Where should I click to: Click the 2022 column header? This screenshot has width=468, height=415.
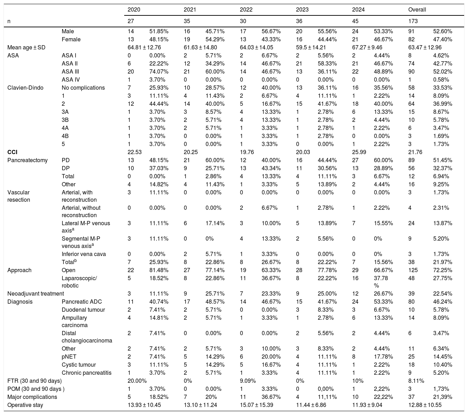coord(246,10)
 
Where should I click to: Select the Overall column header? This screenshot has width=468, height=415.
coord(417,10)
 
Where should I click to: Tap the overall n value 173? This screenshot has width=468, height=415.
coord(413,21)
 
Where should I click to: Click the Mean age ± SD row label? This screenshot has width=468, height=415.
coord(26,48)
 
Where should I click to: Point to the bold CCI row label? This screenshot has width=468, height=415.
coord(12,152)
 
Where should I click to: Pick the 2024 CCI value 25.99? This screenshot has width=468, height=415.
coord(359,152)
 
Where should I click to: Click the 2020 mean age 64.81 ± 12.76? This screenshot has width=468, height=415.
coord(144,48)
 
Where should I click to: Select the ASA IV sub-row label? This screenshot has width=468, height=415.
coord(71,80)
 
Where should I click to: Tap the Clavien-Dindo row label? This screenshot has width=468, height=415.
coord(25,88)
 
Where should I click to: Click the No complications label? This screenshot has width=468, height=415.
coord(83,88)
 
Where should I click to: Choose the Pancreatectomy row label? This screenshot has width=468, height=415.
coord(27,160)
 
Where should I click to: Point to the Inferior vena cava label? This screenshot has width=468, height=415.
coord(83,254)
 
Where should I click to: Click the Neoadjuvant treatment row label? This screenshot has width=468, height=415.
coord(35,294)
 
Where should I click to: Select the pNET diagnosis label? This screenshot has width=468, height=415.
coord(69,357)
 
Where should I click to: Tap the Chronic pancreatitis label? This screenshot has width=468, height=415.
coord(86,373)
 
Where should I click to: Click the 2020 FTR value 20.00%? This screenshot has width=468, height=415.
coord(137,381)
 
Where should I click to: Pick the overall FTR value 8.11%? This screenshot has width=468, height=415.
coord(416,381)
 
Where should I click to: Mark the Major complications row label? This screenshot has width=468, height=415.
coord(32,397)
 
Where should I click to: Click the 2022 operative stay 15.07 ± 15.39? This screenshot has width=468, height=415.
coord(256,405)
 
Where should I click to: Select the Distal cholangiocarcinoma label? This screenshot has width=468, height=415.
coord(87,337)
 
